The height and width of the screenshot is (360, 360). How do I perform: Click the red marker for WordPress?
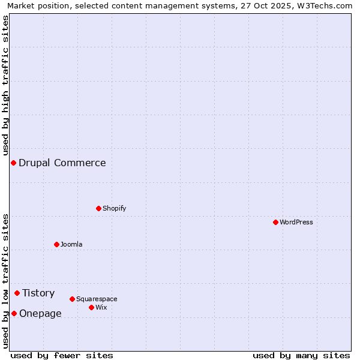click(275, 222)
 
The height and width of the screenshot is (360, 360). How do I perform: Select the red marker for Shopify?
click(98, 208)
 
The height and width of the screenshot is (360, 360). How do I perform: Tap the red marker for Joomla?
click(56, 244)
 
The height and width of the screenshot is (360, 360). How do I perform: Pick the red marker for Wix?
click(91, 307)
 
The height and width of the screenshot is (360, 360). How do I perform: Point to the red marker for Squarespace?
click(72, 299)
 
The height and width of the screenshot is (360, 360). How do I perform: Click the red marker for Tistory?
click(17, 293)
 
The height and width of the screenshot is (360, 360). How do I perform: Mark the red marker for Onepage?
click(14, 313)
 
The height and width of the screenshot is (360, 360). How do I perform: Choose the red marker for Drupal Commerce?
click(13, 163)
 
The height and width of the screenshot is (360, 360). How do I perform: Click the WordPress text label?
click(296, 222)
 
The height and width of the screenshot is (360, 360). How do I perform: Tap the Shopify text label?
click(114, 208)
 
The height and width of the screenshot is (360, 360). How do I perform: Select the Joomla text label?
click(71, 244)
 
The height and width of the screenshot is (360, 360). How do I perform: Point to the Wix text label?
click(101, 307)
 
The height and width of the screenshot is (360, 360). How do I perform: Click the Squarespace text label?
click(97, 299)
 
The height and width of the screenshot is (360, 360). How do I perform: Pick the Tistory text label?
click(38, 293)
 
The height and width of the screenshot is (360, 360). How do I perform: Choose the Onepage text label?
click(40, 313)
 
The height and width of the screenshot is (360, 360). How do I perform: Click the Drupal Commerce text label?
click(62, 163)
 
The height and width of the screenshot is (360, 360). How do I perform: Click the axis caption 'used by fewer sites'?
click(62, 355)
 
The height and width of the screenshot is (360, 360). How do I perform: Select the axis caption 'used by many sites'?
click(301, 355)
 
